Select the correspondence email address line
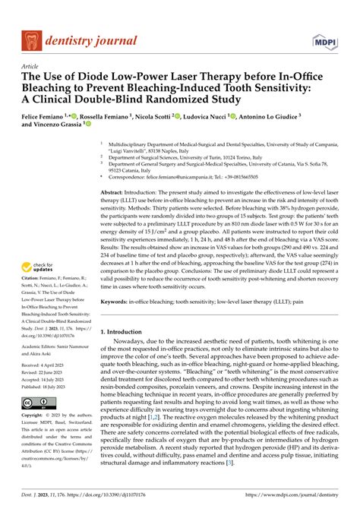pos(193,176)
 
